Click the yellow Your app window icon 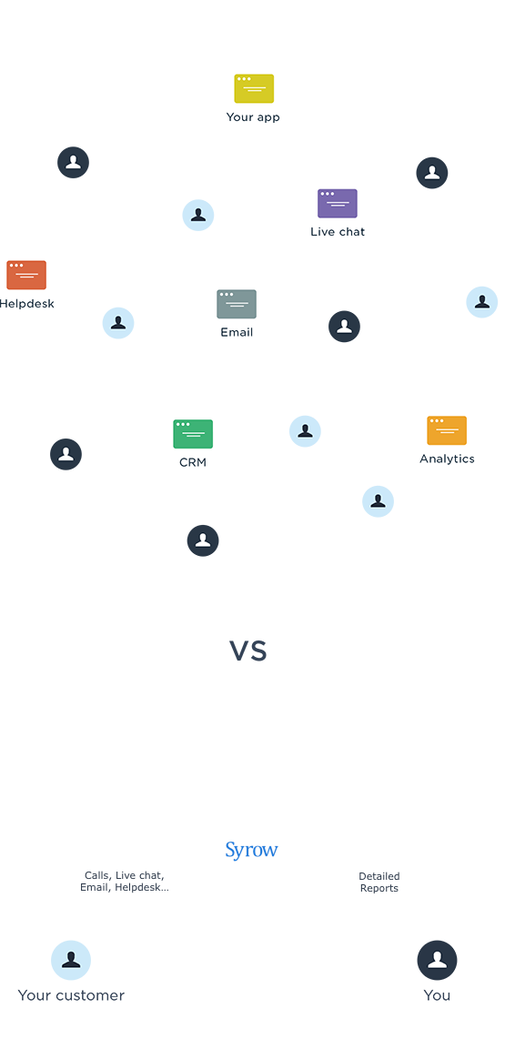click(254, 89)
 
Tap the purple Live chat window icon click(338, 204)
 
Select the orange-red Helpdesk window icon click(26, 275)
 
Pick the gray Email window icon click(237, 304)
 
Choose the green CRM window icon click(193, 434)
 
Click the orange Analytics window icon click(447, 430)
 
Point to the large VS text click(247, 651)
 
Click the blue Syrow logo click(252, 850)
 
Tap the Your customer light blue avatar click(71, 960)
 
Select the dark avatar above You click(438, 960)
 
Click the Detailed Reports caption click(379, 882)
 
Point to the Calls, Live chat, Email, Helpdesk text click(125, 882)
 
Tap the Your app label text click(253, 117)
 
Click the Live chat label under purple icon click(338, 232)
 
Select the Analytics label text click(448, 459)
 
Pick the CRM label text click(193, 462)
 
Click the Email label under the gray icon click(237, 333)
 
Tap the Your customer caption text click(71, 995)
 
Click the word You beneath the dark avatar click(438, 995)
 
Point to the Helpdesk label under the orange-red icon click(26, 304)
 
